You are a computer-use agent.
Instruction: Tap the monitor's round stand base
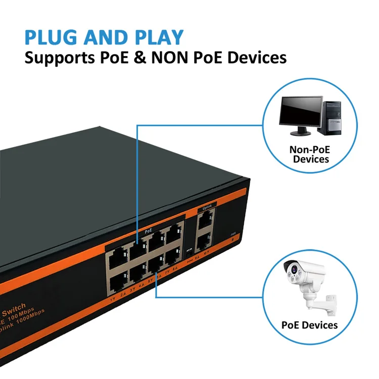pyautogui.click(x=301, y=133)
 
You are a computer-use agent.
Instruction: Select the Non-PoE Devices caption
pyautogui.click(x=309, y=154)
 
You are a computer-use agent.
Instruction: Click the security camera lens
pyautogui.click(x=294, y=273)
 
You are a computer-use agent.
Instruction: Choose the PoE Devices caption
pyautogui.click(x=309, y=324)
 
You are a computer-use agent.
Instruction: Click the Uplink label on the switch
pyautogui.click(x=205, y=207)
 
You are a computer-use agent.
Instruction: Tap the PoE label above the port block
pyautogui.click(x=149, y=230)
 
